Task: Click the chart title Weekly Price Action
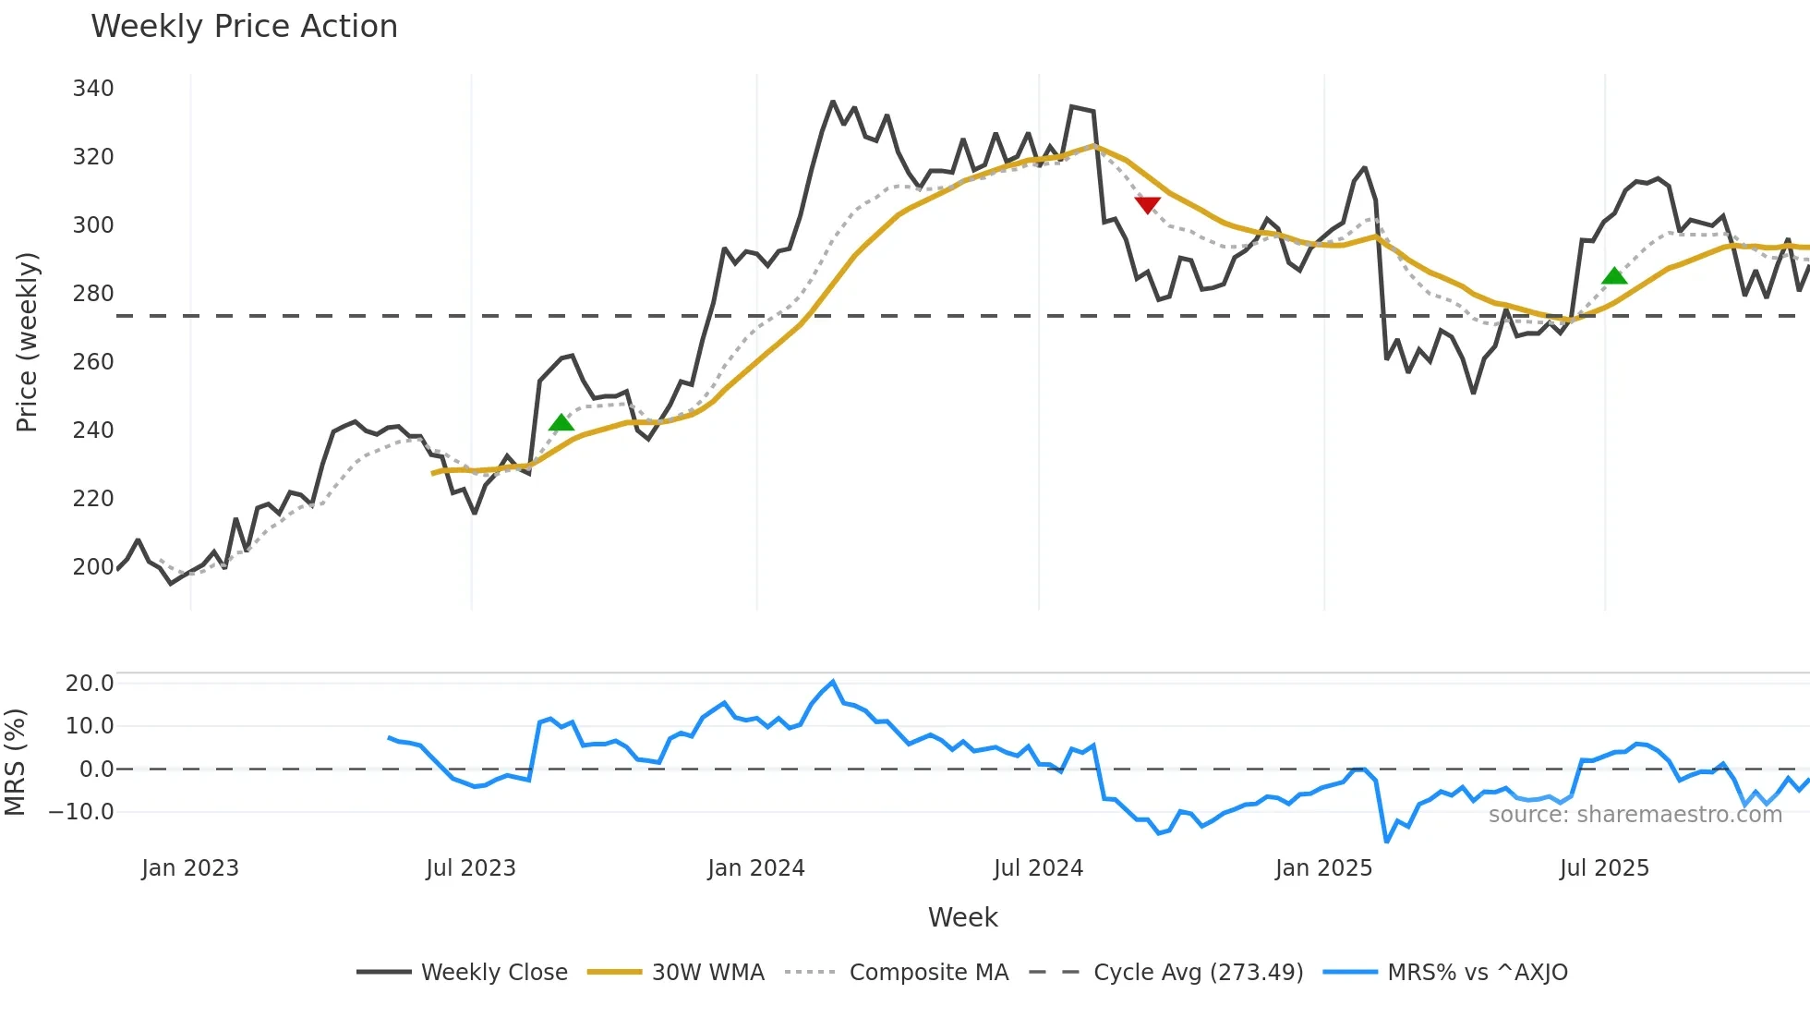(x=244, y=27)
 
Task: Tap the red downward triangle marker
(x=1147, y=204)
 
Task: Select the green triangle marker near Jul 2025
(x=1614, y=275)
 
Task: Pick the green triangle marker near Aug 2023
(x=561, y=423)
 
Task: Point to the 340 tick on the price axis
(x=93, y=89)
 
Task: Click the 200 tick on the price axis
(x=93, y=566)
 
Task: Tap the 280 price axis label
(x=93, y=294)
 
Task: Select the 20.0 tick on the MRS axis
(x=90, y=684)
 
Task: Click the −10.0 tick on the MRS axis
(x=81, y=812)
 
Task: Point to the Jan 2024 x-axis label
(x=756, y=868)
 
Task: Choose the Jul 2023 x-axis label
(x=471, y=868)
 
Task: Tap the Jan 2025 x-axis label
(x=1323, y=868)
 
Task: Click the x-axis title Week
(x=962, y=917)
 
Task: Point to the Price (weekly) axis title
(x=27, y=342)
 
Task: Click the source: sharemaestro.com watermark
(x=1635, y=815)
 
